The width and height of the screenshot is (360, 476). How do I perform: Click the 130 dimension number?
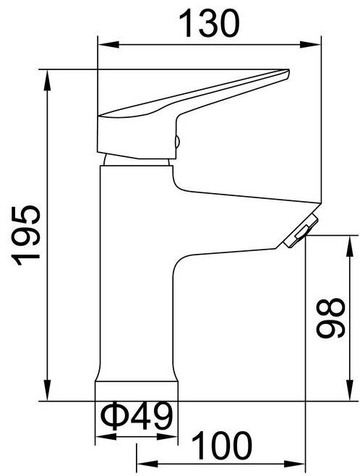tap(209, 23)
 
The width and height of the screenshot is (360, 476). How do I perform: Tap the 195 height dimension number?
tap(25, 236)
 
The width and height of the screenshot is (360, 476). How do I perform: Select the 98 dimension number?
tap(330, 318)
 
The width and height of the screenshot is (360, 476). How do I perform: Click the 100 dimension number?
tap(223, 446)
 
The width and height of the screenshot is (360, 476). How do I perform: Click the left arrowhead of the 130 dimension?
tap(108, 45)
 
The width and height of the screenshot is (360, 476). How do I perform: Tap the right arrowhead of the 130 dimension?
tap(310, 45)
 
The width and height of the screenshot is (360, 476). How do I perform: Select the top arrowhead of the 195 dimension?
tap(47, 80)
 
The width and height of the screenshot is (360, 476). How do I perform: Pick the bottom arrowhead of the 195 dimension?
tap(47, 391)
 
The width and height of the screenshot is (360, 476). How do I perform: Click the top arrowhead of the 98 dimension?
tap(350, 245)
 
